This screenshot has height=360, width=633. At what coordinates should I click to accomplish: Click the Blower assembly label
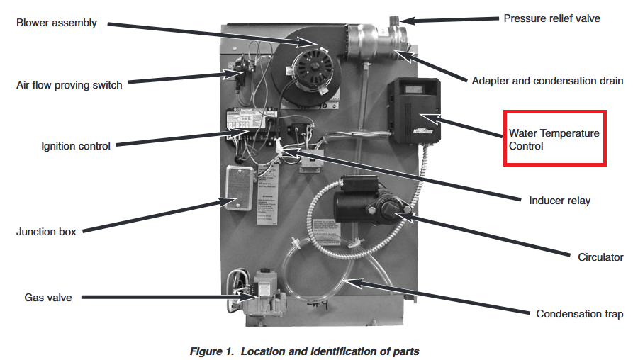coord(56,23)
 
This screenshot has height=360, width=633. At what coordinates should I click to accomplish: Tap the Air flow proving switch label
coord(69,85)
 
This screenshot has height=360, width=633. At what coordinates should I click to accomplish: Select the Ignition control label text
coord(76,147)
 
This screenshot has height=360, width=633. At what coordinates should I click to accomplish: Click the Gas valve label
coord(47,298)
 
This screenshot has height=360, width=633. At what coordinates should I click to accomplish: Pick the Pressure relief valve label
coord(551,18)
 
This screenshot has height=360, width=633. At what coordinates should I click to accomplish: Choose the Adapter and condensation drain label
coord(547,81)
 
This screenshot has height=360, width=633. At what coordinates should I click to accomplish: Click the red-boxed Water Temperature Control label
coord(554,140)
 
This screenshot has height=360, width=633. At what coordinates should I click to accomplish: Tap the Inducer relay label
coord(559,201)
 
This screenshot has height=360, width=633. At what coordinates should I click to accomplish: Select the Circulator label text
coord(600,257)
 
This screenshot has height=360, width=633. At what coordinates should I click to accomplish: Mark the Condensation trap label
coord(579,314)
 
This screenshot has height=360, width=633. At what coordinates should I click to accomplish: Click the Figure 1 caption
coord(304,351)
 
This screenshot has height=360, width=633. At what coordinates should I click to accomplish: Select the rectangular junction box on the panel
coord(240,189)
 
